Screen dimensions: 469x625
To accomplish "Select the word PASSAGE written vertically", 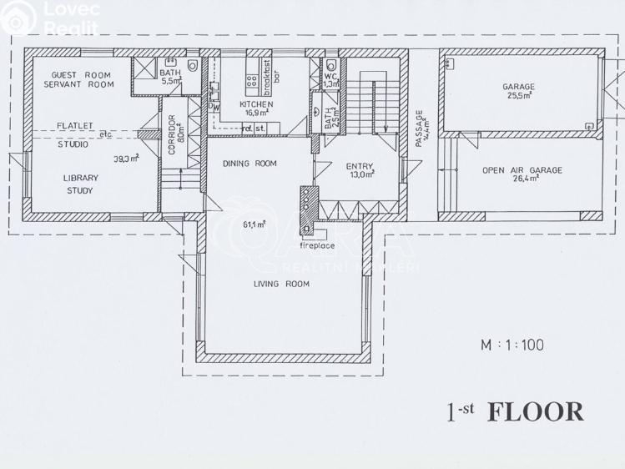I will tap(420, 130).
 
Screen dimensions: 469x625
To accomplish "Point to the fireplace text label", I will tap(318, 245).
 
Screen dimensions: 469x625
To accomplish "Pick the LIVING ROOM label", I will tap(281, 284).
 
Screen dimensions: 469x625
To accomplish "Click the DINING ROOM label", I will tap(249, 164).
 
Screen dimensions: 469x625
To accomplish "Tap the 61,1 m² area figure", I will tap(254, 224).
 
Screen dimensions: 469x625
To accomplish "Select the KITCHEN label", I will tap(255, 104).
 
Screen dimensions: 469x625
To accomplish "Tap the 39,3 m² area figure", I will tap(126, 157).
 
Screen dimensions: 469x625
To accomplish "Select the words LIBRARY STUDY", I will tap(81, 184).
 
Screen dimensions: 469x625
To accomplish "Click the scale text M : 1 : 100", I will tap(511, 343).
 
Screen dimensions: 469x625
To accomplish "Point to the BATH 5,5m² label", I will tap(170, 77).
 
